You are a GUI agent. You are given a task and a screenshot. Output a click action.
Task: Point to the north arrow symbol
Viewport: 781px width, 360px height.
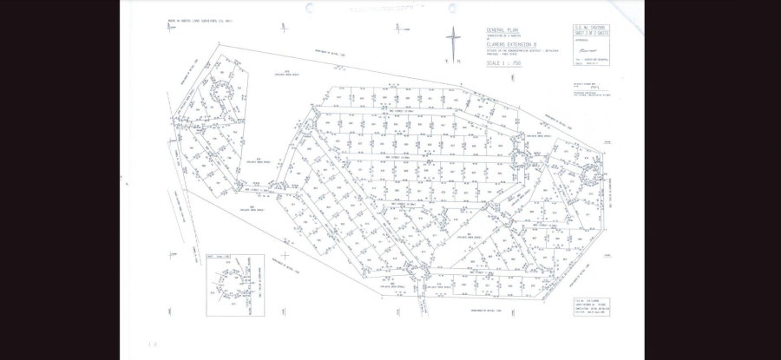coord(452,43)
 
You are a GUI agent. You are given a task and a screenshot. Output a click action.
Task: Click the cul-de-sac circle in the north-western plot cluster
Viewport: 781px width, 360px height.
coord(220,90)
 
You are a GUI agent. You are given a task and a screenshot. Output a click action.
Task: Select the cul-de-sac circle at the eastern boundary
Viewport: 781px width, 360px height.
coord(593,173)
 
